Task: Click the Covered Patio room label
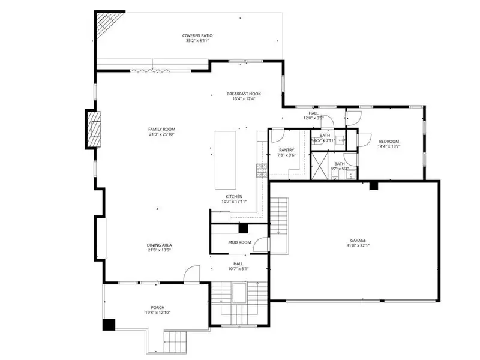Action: pyautogui.click(x=197, y=36)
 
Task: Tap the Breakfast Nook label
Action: pyautogui.click(x=244, y=94)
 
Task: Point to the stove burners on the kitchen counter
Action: pyautogui.click(x=260, y=170)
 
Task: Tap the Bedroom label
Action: pyautogui.click(x=388, y=141)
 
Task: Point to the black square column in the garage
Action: pyautogui.click(x=373, y=186)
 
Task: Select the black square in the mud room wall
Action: pyautogui.click(x=243, y=228)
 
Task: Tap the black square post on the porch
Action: pyautogui.click(x=109, y=325)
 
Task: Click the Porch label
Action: pyautogui.click(x=157, y=307)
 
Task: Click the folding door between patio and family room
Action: pyautogui.click(x=144, y=70)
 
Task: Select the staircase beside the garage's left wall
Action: pyautogui.click(x=280, y=216)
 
